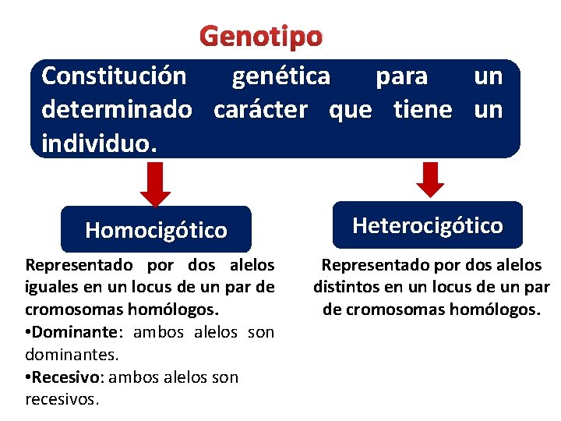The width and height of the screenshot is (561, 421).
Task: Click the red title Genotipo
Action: click(x=260, y=36)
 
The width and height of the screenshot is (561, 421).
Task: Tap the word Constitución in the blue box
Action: click(x=114, y=76)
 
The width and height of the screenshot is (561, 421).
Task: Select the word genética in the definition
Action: click(x=281, y=76)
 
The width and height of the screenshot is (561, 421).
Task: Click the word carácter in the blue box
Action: click(x=260, y=110)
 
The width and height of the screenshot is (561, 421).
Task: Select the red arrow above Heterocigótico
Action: click(x=429, y=179)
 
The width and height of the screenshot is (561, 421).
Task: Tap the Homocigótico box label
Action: click(x=156, y=230)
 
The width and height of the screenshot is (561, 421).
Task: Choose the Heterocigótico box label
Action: click(x=428, y=225)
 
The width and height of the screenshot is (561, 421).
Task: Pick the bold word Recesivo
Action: click(x=69, y=377)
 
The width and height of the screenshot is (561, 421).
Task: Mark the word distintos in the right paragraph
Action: click(x=346, y=287)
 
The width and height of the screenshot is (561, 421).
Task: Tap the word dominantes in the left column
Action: click(x=71, y=355)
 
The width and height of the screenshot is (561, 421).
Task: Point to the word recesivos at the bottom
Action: click(x=62, y=399)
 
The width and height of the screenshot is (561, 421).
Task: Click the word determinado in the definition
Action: click(x=116, y=110)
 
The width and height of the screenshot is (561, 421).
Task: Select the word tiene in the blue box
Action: click(x=422, y=110)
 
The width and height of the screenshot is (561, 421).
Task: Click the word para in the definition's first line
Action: click(x=401, y=76)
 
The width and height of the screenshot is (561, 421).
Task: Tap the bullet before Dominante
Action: click(x=29, y=333)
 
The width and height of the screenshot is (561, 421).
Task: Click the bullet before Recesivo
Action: click(x=29, y=377)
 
